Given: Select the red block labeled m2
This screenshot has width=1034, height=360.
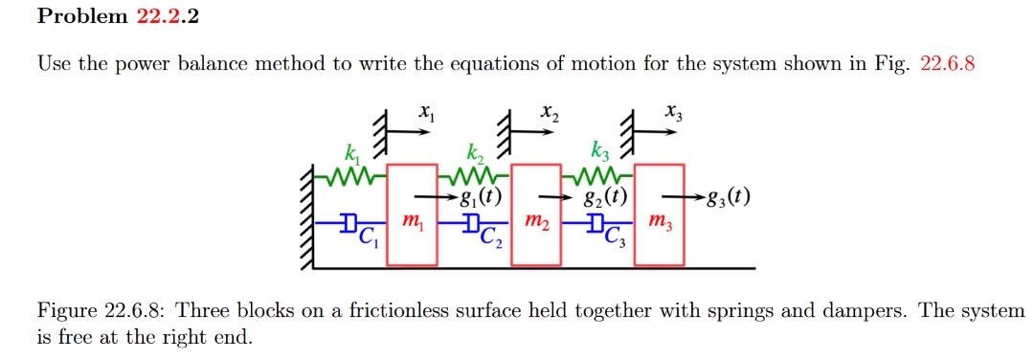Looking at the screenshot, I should click(537, 215).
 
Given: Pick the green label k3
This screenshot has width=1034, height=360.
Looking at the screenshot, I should click(599, 151).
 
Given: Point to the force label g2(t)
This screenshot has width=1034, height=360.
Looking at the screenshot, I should click(605, 199).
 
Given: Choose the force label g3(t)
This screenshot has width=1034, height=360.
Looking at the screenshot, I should click(727, 199).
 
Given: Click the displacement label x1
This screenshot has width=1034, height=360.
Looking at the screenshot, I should click(426, 115).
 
